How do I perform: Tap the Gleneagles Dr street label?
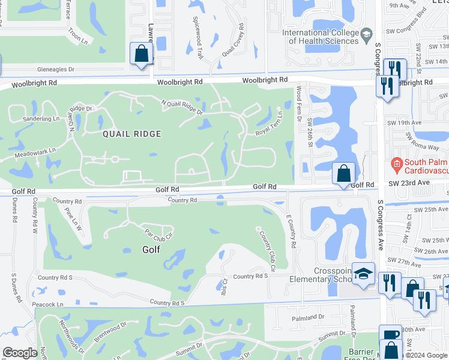pyautogui.click(x=55, y=70)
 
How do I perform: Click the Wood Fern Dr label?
pyautogui.click(x=298, y=104)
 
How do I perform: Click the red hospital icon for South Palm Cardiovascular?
pyautogui.click(x=396, y=163)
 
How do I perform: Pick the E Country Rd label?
pyautogui.click(x=291, y=232)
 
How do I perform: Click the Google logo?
pyautogui.click(x=20, y=353)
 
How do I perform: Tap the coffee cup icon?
pyautogui.click(x=390, y=334)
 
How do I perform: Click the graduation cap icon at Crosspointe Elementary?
pyautogui.click(x=363, y=274)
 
